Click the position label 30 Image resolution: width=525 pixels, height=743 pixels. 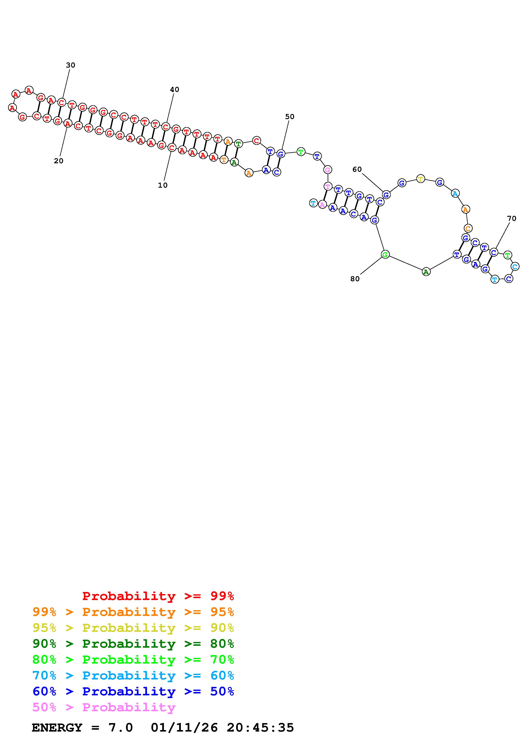pos(71,65)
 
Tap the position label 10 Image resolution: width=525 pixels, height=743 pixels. pos(163,185)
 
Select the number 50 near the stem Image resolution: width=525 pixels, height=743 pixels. pos(290,116)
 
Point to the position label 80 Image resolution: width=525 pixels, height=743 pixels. pos(355,279)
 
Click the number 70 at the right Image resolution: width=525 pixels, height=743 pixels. pos(511,218)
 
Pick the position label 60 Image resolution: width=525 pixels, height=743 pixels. pos(357,169)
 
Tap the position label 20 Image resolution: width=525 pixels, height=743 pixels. pos(58,161)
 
